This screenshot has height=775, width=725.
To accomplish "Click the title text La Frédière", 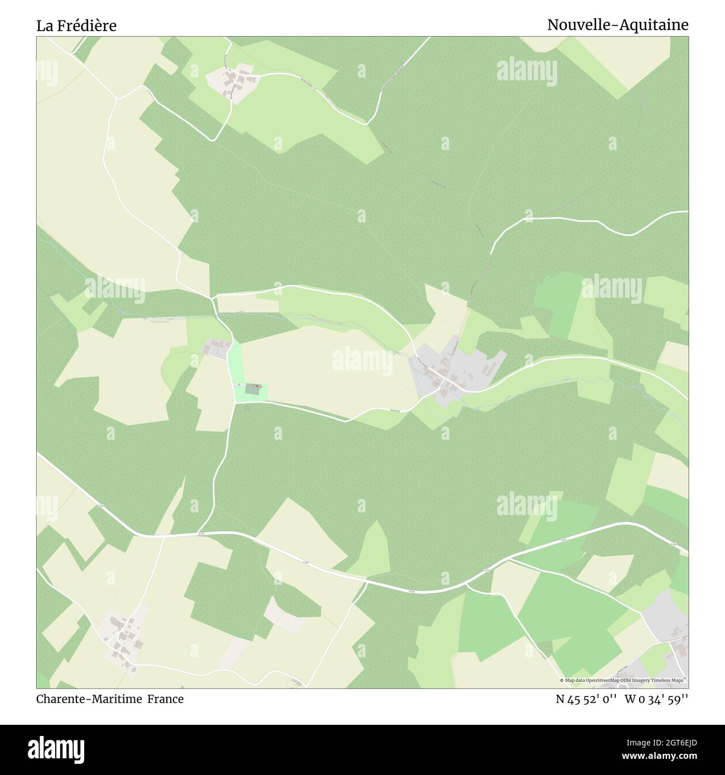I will click(76, 26).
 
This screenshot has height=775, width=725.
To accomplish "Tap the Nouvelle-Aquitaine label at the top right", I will click(617, 25).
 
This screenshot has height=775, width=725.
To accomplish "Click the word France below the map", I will click(166, 699).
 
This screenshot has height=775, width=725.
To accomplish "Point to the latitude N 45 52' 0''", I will click(586, 699).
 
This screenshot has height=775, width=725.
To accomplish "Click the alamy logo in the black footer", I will click(57, 749).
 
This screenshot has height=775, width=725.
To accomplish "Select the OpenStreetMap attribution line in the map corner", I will click(623, 680).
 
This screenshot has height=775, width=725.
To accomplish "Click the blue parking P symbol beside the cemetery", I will click(239, 385).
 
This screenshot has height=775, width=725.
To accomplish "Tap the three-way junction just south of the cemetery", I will click(235, 402).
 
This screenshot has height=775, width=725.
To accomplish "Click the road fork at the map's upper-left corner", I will click(118, 99).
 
